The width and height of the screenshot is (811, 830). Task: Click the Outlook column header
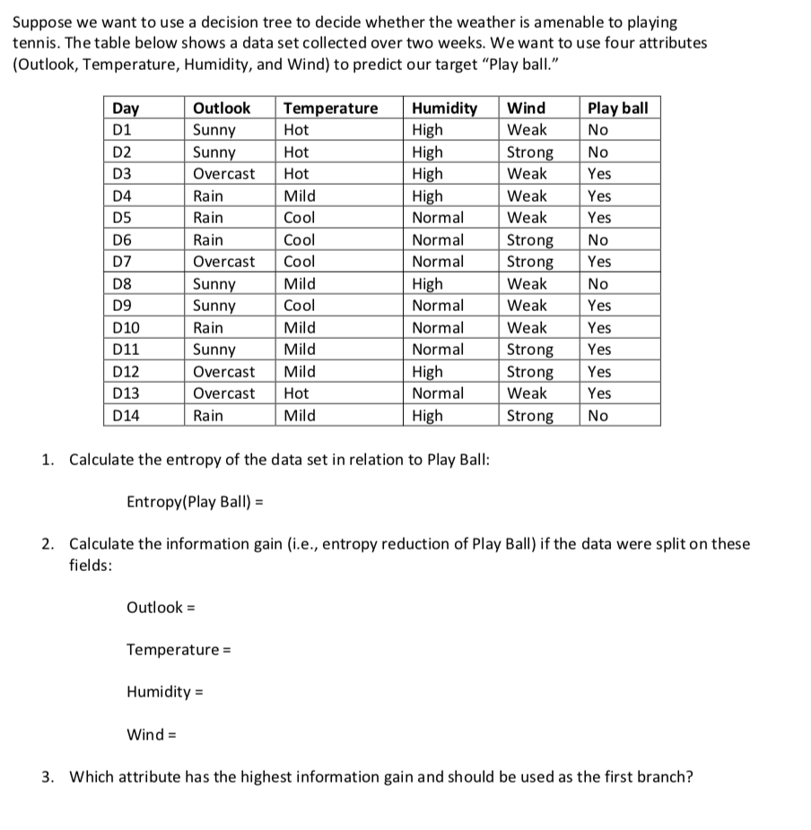[222, 108]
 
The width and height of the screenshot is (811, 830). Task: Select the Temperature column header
[330, 108]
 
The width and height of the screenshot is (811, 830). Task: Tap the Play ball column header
[617, 108]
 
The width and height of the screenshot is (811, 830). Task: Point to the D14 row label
[126, 416]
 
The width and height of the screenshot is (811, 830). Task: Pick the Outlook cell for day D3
[224, 174]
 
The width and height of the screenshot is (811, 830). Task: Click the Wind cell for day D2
[530, 152]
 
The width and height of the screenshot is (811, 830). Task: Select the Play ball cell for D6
[597, 240]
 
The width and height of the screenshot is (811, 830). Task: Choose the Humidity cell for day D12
[427, 372]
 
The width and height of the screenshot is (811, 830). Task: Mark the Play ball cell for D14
[597, 416]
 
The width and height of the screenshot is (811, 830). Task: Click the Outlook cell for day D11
[214, 350]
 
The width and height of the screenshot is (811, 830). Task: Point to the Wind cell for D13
[527, 393]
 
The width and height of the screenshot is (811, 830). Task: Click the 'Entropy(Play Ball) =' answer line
[192, 501]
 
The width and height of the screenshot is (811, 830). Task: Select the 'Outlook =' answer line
[161, 608]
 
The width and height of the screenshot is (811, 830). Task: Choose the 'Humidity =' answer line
[165, 692]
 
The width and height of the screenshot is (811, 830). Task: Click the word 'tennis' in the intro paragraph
[34, 43]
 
